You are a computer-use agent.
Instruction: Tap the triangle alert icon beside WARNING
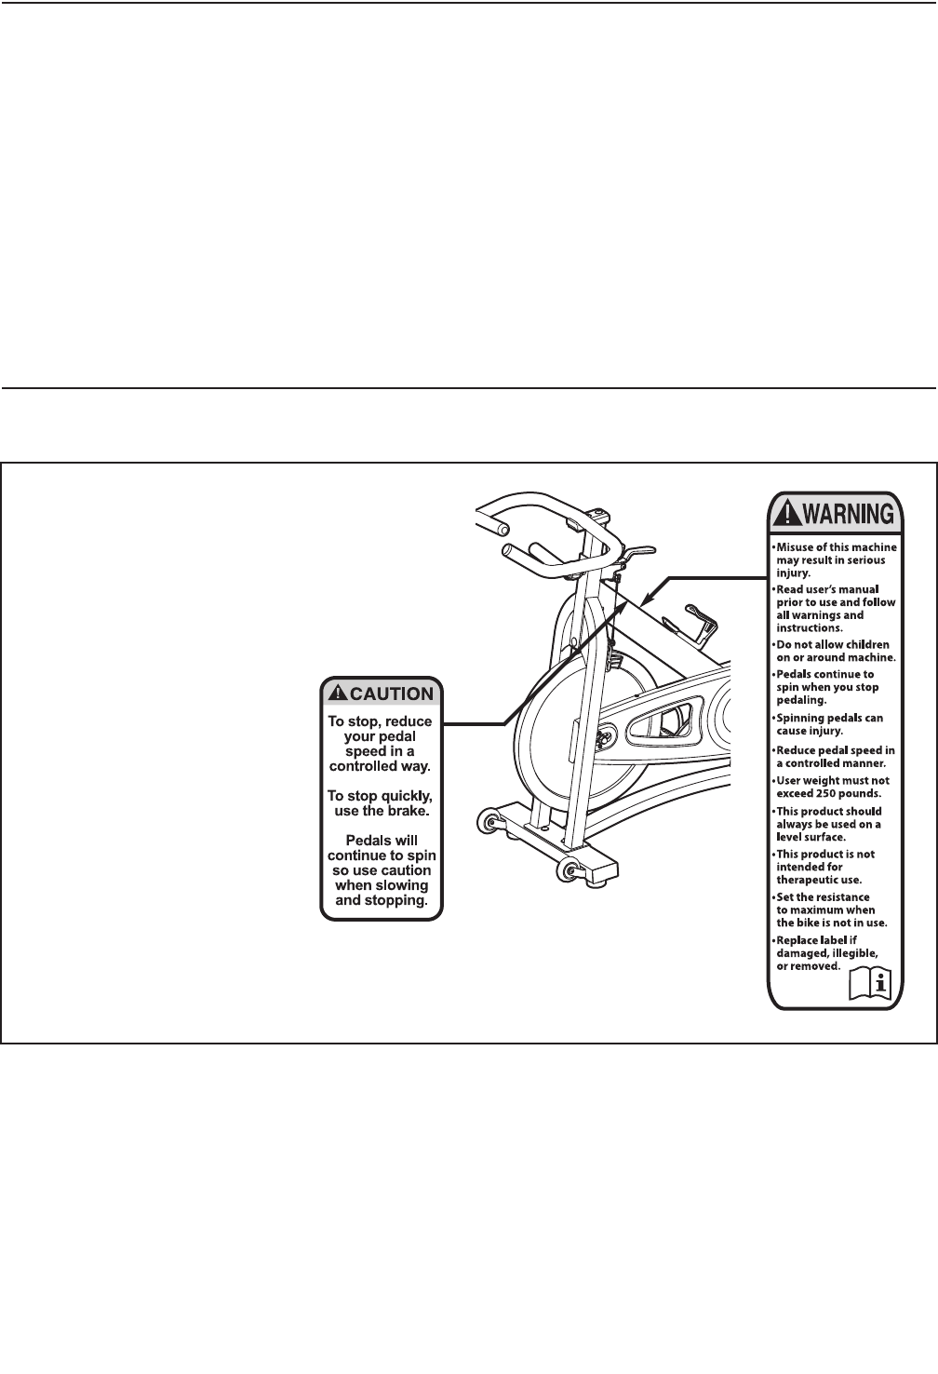click(787, 513)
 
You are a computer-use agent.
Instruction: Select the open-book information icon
click(871, 983)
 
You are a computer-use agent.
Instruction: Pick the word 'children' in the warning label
click(865, 644)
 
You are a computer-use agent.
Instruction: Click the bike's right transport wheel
click(566, 869)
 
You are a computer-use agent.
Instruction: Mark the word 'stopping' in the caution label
click(398, 900)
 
